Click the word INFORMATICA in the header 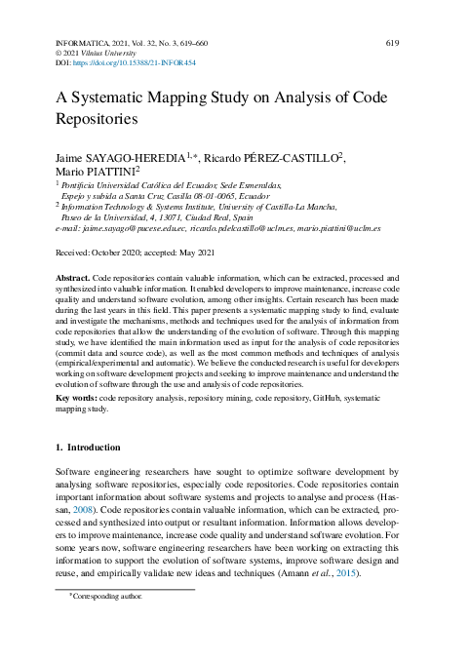(82, 43)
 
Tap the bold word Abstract (73, 278)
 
